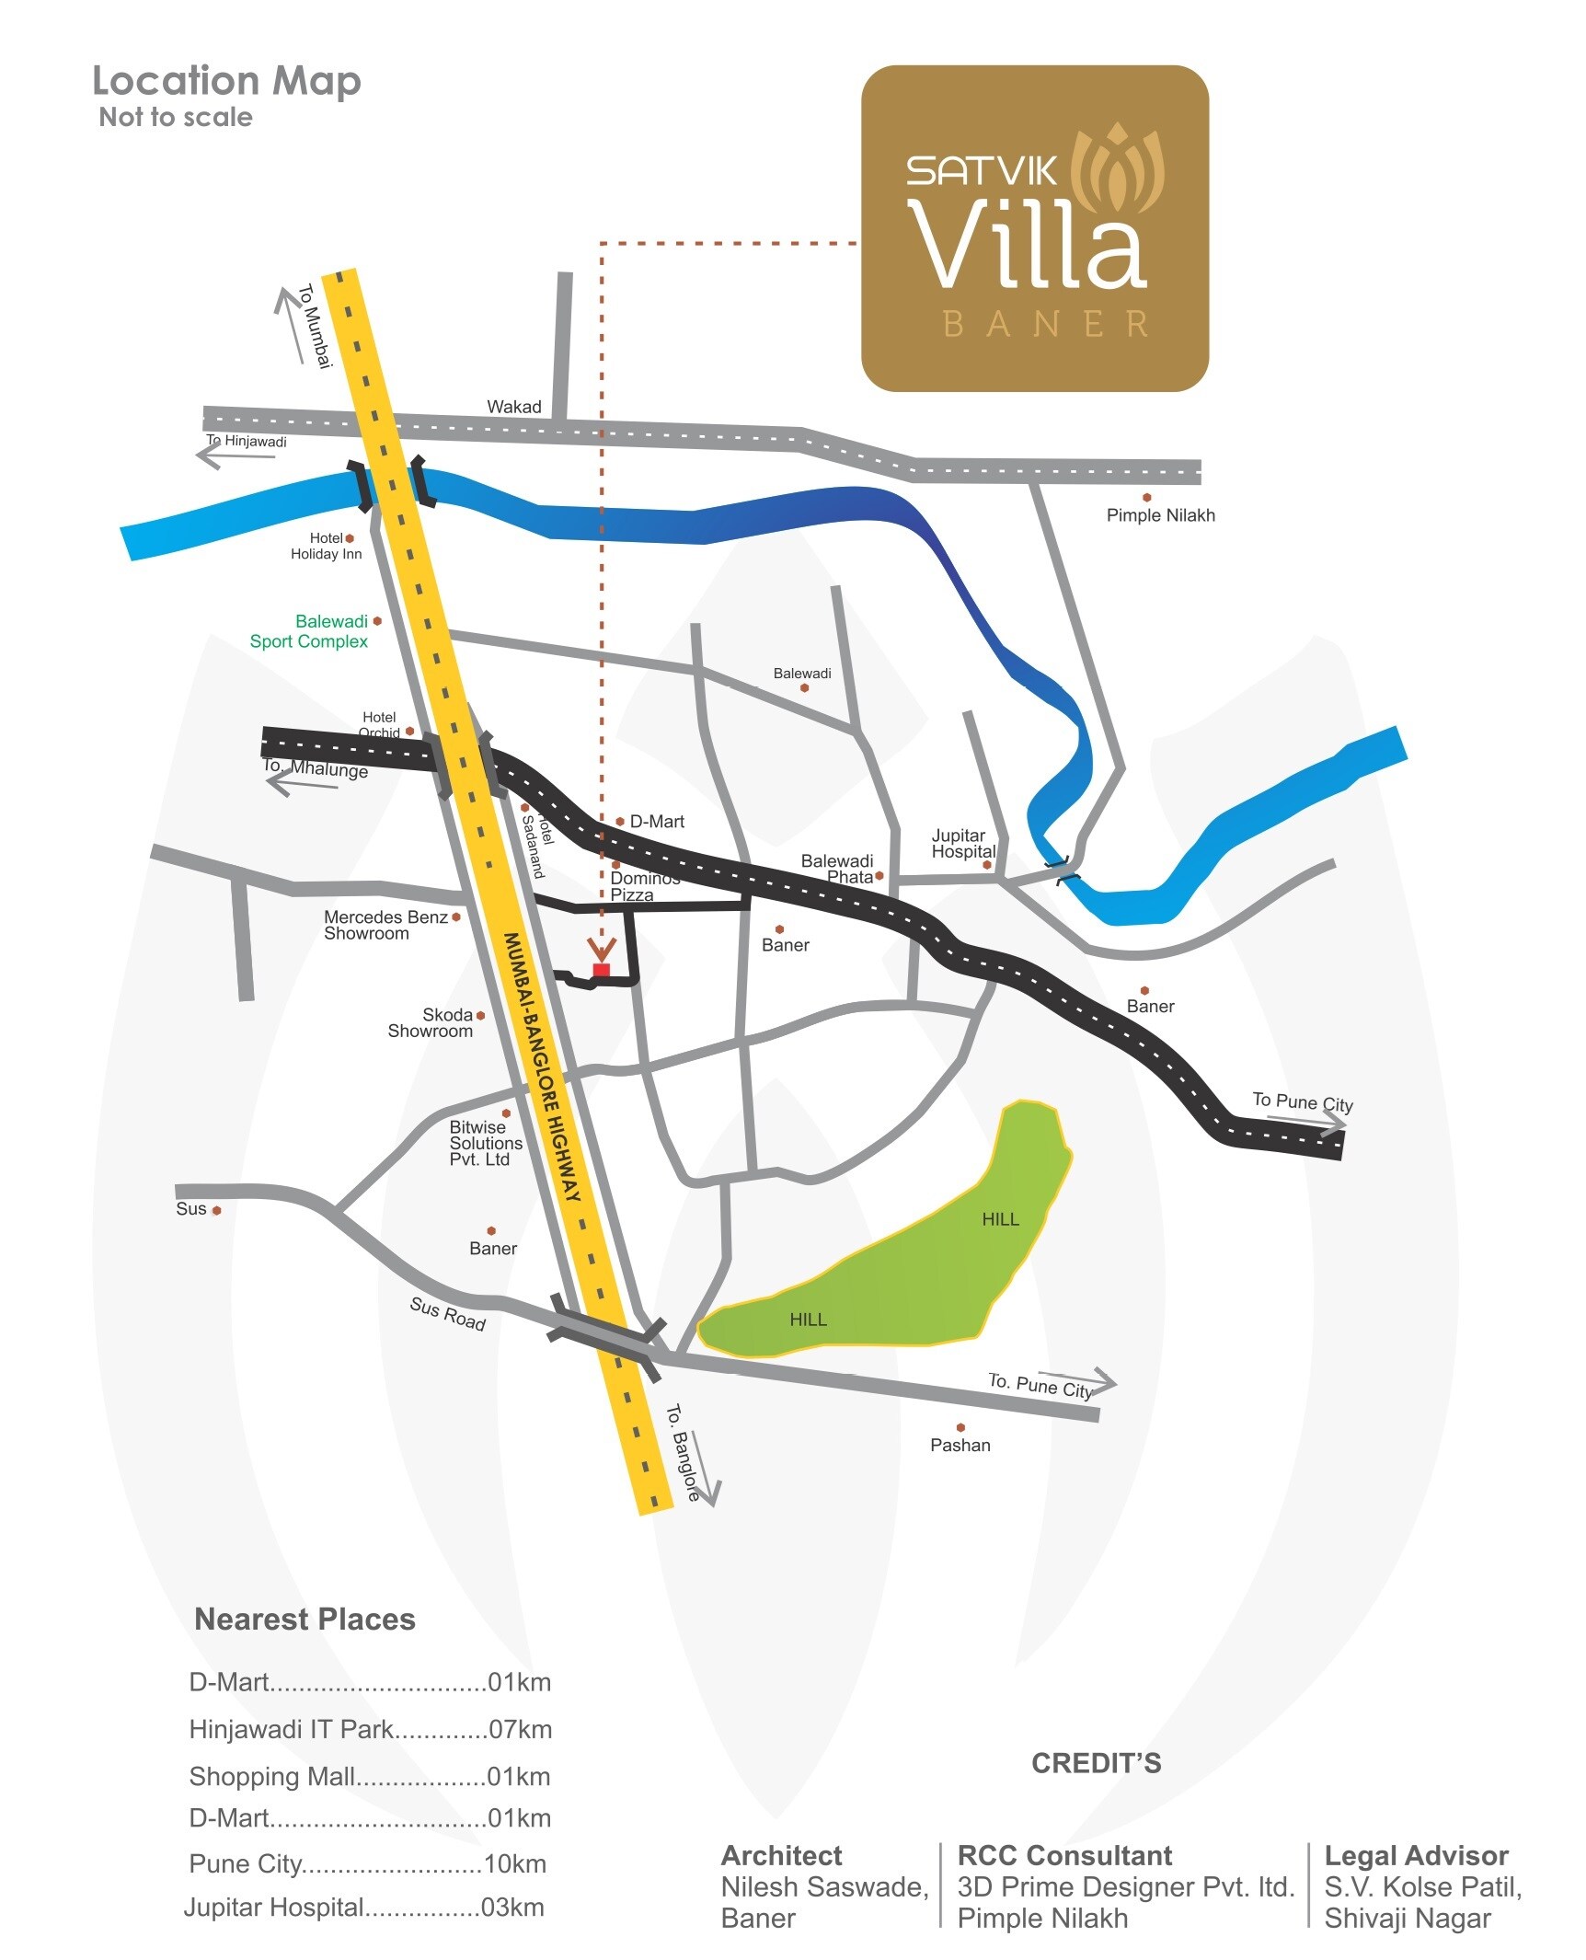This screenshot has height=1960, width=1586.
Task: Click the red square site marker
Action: (x=601, y=970)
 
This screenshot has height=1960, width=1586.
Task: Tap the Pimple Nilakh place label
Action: (x=1160, y=515)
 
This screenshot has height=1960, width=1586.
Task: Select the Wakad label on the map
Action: (x=513, y=407)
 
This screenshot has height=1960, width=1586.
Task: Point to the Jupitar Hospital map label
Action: (x=962, y=843)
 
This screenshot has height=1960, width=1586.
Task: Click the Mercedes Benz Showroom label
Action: (x=385, y=925)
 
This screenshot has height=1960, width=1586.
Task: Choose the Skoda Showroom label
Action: (x=431, y=1022)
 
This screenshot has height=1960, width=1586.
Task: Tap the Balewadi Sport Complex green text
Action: (x=309, y=631)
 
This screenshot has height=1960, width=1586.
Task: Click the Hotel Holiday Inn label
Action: (x=327, y=546)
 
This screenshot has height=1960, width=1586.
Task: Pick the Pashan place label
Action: (x=960, y=1445)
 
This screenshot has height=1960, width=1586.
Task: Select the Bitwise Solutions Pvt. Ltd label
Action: (x=485, y=1143)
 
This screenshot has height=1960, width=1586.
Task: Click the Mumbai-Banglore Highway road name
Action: (x=543, y=1067)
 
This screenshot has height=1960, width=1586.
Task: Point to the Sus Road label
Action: (x=447, y=1314)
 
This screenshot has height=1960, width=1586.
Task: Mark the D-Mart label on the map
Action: (x=656, y=822)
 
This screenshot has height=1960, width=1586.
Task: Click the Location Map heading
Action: (x=226, y=81)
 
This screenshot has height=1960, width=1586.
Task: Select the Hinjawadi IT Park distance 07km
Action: (x=520, y=1729)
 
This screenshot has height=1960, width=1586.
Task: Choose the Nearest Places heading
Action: (x=305, y=1619)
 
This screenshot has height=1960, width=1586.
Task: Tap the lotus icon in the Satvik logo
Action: (x=1118, y=169)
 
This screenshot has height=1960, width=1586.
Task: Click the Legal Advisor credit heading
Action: (x=1416, y=1855)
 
